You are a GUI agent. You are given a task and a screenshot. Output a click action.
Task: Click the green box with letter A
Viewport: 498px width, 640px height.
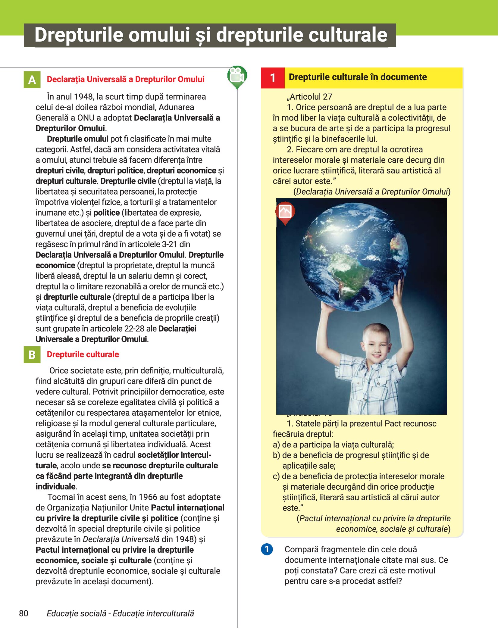point(32,80)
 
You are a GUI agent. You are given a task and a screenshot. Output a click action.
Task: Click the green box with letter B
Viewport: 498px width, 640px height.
point(32,354)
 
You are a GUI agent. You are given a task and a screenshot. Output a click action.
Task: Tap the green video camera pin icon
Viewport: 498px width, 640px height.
point(237,76)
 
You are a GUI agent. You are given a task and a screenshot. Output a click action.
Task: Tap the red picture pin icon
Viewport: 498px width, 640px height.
point(285,212)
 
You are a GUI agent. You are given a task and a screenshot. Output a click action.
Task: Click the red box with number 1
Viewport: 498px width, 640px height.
point(273,78)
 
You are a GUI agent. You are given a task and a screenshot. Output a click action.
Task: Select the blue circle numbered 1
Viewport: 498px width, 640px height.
point(267,549)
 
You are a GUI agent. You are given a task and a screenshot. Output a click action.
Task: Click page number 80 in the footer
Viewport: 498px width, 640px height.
point(23,613)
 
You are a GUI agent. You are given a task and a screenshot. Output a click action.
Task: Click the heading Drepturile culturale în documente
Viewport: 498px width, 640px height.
point(358,77)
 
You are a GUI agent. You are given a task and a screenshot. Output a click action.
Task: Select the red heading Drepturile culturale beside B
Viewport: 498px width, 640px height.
point(83,354)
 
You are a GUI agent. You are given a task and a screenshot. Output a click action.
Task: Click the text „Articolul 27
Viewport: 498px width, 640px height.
point(309,97)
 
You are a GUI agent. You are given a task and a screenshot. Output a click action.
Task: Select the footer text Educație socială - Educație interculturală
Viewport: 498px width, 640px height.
point(120,613)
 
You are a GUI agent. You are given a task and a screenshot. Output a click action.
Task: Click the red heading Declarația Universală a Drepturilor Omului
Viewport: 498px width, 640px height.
point(126,79)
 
